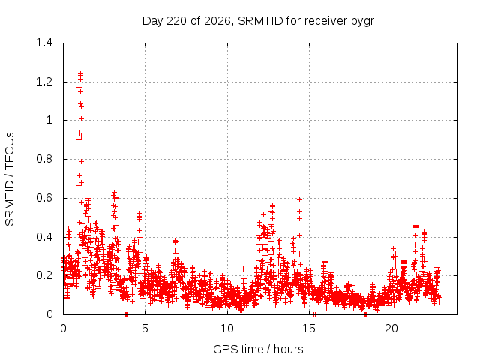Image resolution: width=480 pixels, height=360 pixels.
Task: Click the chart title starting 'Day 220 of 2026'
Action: click(x=258, y=21)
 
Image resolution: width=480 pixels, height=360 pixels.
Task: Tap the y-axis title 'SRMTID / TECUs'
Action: click(x=10, y=179)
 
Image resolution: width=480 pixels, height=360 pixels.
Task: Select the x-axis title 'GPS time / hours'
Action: click(x=258, y=349)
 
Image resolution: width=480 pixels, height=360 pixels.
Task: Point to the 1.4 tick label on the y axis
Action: click(x=44, y=43)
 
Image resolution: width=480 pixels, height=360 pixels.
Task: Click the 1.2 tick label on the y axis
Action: click(x=44, y=82)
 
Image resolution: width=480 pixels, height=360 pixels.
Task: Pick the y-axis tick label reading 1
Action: click(x=49, y=120)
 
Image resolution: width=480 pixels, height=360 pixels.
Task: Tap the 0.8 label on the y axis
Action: click(x=44, y=159)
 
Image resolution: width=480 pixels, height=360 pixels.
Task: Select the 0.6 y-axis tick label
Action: click(x=44, y=198)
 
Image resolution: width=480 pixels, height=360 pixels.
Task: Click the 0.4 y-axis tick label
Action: click(x=44, y=237)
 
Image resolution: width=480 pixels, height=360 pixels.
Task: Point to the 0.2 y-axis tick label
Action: click(x=44, y=275)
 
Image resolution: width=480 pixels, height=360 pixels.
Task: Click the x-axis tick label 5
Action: click(x=145, y=328)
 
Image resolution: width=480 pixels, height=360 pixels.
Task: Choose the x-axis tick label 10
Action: click(x=227, y=328)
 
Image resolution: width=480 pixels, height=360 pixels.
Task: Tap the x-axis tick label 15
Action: click(x=309, y=328)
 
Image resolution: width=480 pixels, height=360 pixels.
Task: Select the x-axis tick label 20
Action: click(x=391, y=328)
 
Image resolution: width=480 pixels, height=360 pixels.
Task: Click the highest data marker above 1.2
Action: click(x=81, y=73)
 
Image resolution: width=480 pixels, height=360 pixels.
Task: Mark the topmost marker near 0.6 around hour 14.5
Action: click(x=300, y=200)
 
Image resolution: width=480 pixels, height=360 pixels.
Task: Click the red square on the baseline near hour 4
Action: click(x=127, y=314)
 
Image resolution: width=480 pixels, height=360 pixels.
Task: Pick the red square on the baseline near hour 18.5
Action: click(x=366, y=314)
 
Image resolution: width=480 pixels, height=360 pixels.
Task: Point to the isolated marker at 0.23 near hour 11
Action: click(x=243, y=268)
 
